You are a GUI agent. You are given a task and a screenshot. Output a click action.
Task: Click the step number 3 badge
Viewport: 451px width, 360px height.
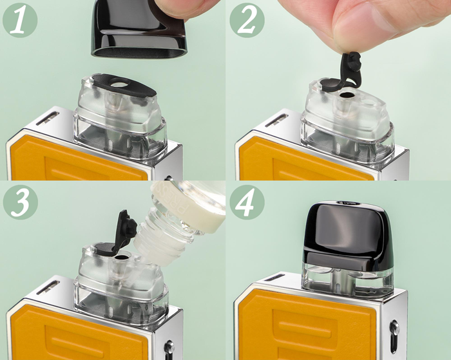click(x=19, y=202)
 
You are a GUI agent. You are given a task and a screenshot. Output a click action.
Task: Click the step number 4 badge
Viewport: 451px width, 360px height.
click(x=247, y=202)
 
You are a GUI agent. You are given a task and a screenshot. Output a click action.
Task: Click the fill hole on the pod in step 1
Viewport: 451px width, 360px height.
click(x=120, y=85)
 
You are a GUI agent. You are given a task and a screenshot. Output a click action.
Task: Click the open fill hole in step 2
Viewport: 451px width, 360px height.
click(x=347, y=95)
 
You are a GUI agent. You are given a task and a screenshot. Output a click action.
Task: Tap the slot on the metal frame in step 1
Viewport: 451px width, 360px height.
click(x=48, y=118)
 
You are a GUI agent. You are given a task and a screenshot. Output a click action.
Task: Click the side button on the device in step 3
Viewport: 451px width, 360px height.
click(x=169, y=348)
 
